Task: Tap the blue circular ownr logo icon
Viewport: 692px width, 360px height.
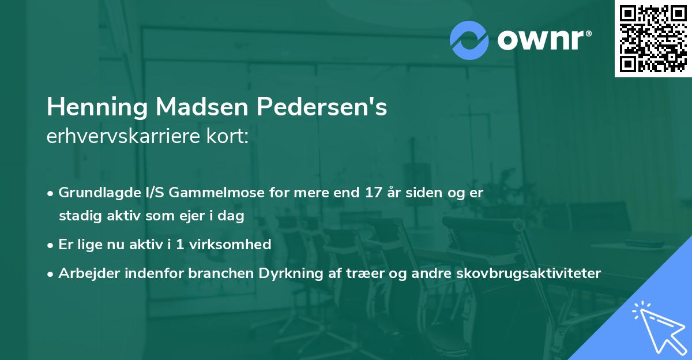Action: [469, 40]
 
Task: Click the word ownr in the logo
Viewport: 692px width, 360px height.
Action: [543, 40]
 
